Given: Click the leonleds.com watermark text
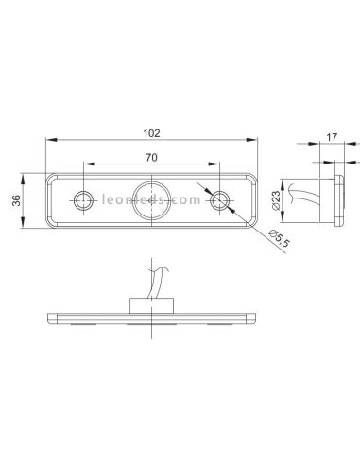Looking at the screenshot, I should [152, 200].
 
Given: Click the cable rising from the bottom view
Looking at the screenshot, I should [151, 279].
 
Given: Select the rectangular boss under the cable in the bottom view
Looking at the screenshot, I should [152, 303].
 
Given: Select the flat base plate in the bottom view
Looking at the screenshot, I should [152, 318].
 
